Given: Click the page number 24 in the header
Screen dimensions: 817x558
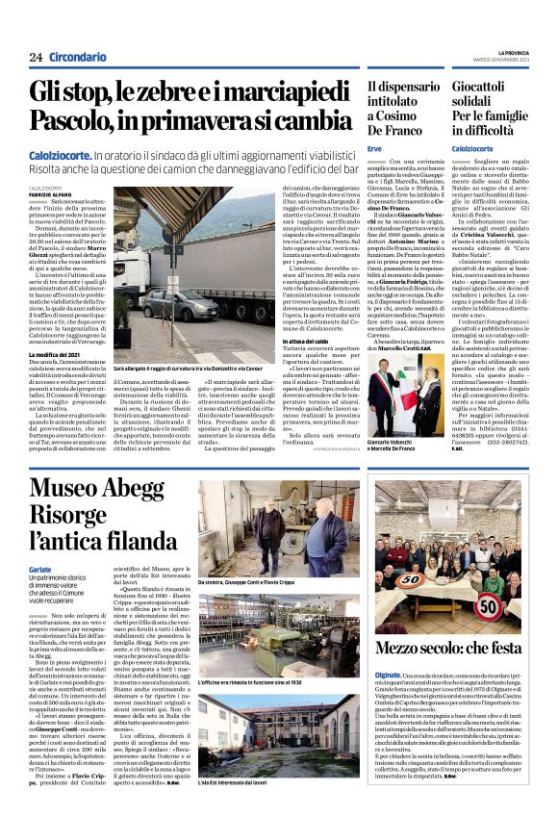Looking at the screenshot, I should click(x=35, y=58).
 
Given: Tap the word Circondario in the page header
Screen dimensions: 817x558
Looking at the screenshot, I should click(x=78, y=58).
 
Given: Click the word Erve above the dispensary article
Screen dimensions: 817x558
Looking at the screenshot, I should click(x=375, y=149).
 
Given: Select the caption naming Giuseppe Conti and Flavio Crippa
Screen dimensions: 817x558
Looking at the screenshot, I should click(x=244, y=583).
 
